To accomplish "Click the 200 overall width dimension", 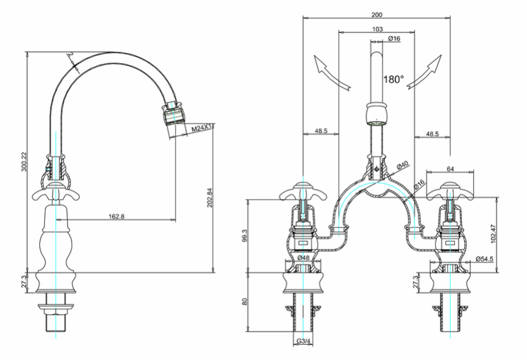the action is pyautogui.click(x=377, y=15).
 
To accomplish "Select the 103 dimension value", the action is pyautogui.click(x=377, y=29).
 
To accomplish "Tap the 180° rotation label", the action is pyautogui.click(x=394, y=80).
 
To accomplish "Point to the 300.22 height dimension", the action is pyautogui.click(x=24, y=162).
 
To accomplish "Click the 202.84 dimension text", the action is pyautogui.click(x=209, y=198).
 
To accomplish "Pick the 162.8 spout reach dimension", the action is pyautogui.click(x=116, y=217).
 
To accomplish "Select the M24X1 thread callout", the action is pyautogui.click(x=202, y=128).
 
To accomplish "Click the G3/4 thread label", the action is pyautogui.click(x=303, y=342).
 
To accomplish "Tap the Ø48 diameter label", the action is pyautogui.click(x=303, y=258).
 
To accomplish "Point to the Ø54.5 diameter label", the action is pyautogui.click(x=484, y=259).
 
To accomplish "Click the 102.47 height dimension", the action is pyautogui.click(x=494, y=234).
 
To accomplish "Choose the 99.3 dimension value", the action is pyautogui.click(x=245, y=236).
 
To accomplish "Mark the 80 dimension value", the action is pyautogui.click(x=245, y=301).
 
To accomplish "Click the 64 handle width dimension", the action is pyautogui.click(x=451, y=169).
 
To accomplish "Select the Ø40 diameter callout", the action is pyautogui.click(x=402, y=165).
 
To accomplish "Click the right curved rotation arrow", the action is pyautogui.click(x=424, y=72).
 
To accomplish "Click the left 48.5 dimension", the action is pyautogui.click(x=320, y=131).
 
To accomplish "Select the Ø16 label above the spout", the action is pyautogui.click(x=394, y=39).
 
